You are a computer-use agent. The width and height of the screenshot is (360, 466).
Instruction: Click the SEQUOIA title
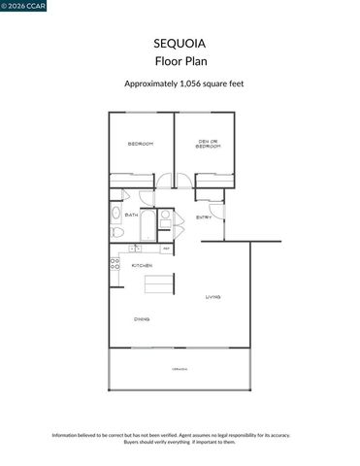(x=180, y=44)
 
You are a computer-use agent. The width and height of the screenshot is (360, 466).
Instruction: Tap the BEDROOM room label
(x=141, y=144)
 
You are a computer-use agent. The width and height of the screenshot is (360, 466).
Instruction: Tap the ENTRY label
(x=204, y=217)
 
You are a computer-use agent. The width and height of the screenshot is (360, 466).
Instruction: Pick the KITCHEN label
(x=142, y=265)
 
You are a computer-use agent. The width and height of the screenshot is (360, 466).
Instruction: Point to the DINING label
(x=142, y=318)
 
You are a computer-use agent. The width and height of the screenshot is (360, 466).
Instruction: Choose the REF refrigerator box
(x=166, y=250)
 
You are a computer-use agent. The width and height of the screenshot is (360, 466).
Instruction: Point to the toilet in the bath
(x=115, y=232)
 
